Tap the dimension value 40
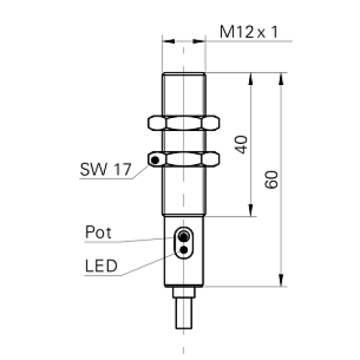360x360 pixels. point(242,144)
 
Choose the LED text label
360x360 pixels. point(101,266)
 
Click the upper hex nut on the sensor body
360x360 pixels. point(184,123)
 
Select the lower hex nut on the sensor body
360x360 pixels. point(184,158)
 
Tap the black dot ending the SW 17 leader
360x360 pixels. point(153,160)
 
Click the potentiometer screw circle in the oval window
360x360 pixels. point(184,237)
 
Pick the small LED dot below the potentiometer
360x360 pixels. point(184,249)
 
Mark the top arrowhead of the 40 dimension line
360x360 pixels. point(251,77)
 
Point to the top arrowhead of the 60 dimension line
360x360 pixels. point(280,77)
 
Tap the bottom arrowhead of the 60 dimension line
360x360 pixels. point(280,282)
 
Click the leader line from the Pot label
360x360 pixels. point(148,240)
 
